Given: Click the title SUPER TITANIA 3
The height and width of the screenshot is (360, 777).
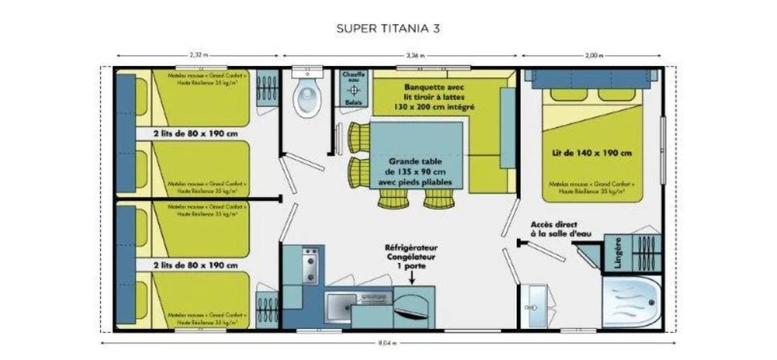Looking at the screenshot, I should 388,29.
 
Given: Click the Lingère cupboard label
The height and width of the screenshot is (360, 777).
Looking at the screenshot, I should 618,251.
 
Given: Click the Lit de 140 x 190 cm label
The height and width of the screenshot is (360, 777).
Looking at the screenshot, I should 591,153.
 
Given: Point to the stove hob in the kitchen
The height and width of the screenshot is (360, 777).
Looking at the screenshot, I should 310,266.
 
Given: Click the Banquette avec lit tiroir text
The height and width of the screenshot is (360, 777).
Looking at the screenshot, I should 434,97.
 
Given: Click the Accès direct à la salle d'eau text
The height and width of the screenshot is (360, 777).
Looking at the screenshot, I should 554,229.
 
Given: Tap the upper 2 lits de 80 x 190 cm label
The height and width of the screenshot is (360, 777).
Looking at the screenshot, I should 196,133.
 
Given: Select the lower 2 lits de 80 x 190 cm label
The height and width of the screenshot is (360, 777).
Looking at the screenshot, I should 196,264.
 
